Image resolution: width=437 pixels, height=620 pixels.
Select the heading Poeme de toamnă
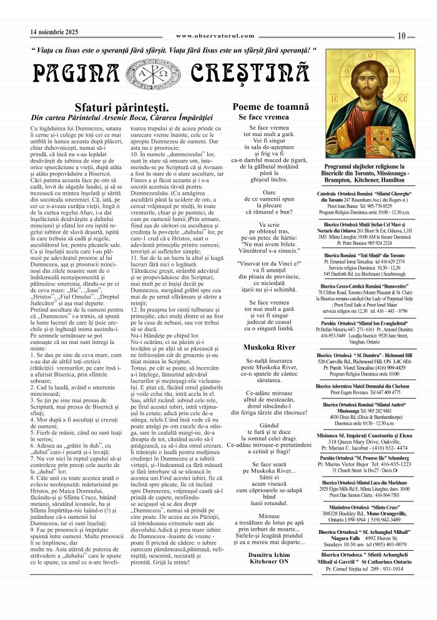coord(270,107)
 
